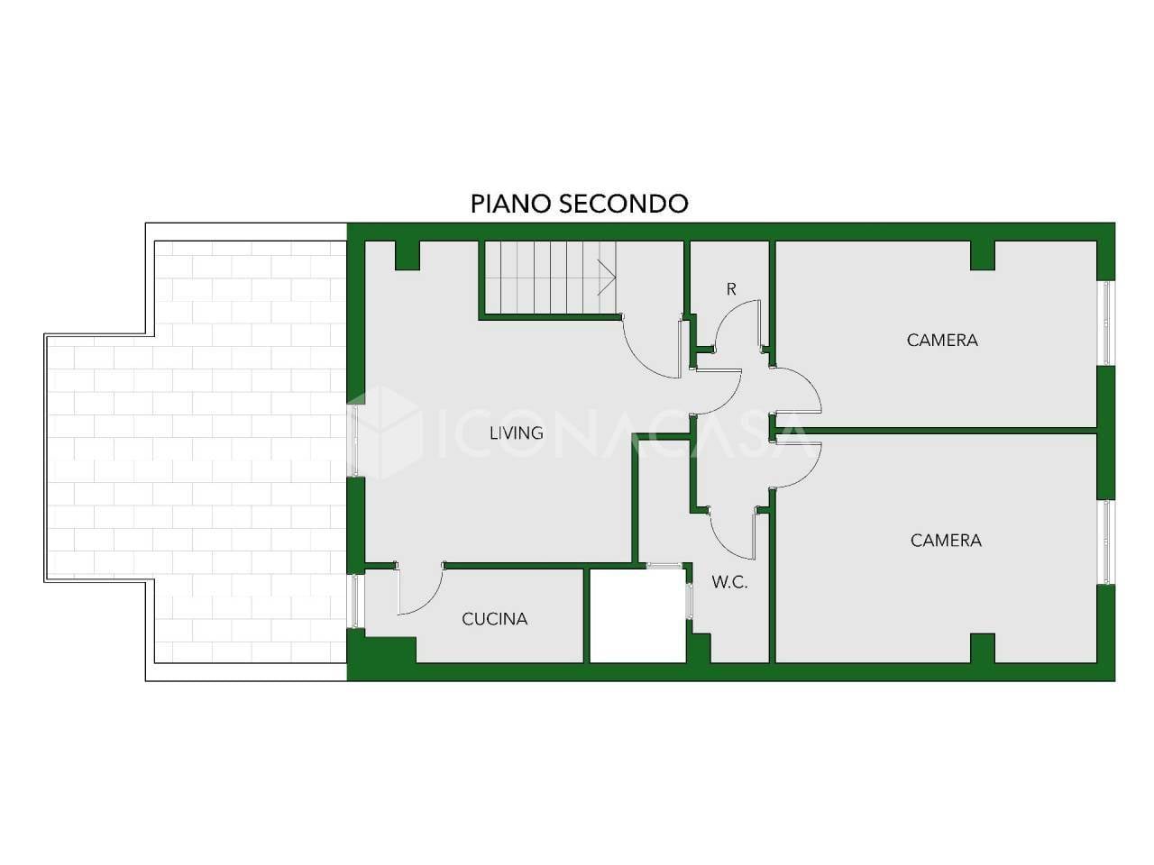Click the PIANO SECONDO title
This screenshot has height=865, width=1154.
tap(579, 204)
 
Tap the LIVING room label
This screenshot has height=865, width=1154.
tap(516, 433)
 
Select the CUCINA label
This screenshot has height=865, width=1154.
tap(494, 619)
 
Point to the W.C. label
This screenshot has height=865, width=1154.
tap(729, 582)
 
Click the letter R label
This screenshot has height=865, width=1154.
tap(731, 289)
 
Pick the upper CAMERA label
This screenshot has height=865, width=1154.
tap(942, 341)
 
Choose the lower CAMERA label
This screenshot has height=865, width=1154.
tap(946, 541)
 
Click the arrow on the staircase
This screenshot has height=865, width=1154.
tap(607, 278)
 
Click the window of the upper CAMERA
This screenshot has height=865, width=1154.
tap(1105, 323)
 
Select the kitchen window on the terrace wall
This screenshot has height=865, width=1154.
tap(356, 601)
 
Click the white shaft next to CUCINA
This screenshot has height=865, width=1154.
tap(637, 615)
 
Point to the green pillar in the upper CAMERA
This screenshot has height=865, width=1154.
tap(982, 256)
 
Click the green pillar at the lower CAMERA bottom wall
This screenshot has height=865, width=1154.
tap(982, 648)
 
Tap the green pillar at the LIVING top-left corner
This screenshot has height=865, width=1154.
tap(407, 256)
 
